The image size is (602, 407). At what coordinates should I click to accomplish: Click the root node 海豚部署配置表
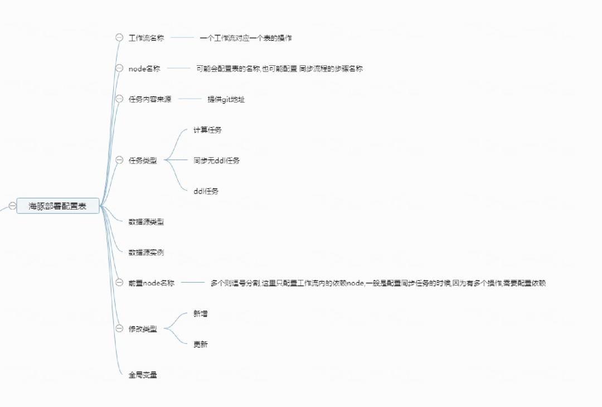pyautogui.click(x=58, y=206)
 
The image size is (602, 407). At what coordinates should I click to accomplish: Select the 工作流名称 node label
pyautogui.click(x=146, y=38)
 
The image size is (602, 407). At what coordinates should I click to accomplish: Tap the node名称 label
pyautogui.click(x=144, y=69)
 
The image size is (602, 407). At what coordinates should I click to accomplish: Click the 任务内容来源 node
pyautogui.click(x=150, y=99)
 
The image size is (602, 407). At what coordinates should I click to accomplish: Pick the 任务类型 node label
pyautogui.click(x=143, y=161)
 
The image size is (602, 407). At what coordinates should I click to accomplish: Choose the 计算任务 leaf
pyautogui.click(x=207, y=130)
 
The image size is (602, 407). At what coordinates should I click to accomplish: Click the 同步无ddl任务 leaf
pyautogui.click(x=216, y=161)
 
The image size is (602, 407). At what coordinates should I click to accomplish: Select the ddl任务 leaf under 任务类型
pyautogui.click(x=206, y=191)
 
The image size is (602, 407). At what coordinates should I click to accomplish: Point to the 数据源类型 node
pyautogui.click(x=146, y=222)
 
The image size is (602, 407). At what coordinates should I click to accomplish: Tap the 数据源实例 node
pyautogui.click(x=146, y=253)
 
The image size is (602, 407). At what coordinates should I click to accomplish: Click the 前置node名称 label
pyautogui.click(x=151, y=283)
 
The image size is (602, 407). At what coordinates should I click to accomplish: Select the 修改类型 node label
pyautogui.click(x=143, y=329)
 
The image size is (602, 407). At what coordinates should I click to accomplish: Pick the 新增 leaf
pyautogui.click(x=201, y=314)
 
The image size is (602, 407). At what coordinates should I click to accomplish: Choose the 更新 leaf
pyautogui.click(x=201, y=345)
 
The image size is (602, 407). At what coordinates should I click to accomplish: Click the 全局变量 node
pyautogui.click(x=143, y=375)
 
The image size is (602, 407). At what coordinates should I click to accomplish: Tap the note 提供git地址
pyautogui.click(x=226, y=99)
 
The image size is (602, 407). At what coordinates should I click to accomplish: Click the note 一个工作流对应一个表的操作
pyautogui.click(x=246, y=38)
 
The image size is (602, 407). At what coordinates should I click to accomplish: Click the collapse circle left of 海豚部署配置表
pyautogui.click(x=12, y=206)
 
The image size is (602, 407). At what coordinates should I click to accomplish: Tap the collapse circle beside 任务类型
pyautogui.click(x=119, y=160)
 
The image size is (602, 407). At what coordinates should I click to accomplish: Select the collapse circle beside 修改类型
pyautogui.click(x=119, y=329)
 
